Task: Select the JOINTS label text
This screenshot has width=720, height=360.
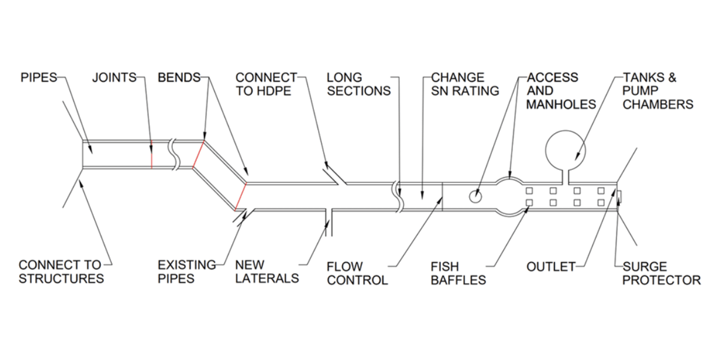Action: point(114,78)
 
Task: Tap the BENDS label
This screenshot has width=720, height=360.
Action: point(178,78)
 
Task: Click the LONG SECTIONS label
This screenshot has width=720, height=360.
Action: point(358,84)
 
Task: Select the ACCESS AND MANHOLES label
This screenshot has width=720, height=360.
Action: point(560,91)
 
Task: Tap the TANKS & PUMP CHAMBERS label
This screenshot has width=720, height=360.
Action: point(658,91)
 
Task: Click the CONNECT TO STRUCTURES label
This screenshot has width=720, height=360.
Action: point(61,271)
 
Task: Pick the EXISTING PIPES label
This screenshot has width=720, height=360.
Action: point(187,271)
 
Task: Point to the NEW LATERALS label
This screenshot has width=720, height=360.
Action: point(266,271)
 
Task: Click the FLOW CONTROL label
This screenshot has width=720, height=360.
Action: point(357,273)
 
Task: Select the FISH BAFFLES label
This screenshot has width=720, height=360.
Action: point(458,273)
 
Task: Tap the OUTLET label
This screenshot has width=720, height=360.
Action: point(551,266)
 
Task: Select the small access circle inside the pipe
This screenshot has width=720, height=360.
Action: point(475,196)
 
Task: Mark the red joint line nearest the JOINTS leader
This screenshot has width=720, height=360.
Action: point(151,155)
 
